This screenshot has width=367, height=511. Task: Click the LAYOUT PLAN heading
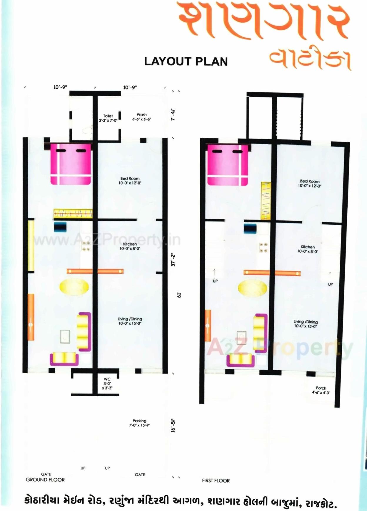(186, 62)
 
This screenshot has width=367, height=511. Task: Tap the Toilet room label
(108, 118)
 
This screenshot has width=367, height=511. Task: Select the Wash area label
(141, 117)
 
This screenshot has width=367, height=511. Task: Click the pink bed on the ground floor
(71, 164)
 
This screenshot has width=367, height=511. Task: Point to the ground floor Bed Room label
(130, 180)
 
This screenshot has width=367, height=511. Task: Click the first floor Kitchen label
(308, 249)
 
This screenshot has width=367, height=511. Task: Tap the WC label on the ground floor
(107, 384)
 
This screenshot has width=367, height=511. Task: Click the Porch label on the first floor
(321, 390)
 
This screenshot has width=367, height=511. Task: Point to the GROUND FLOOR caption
(45, 480)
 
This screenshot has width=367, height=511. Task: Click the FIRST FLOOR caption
(216, 480)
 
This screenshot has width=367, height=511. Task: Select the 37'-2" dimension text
(174, 260)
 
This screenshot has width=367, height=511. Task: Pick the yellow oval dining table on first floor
(253, 288)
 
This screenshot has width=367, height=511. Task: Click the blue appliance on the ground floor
(60, 227)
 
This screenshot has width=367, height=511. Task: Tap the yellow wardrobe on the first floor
(266, 200)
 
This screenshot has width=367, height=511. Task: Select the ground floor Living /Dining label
(130, 321)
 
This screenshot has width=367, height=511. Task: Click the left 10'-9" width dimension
(60, 87)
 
